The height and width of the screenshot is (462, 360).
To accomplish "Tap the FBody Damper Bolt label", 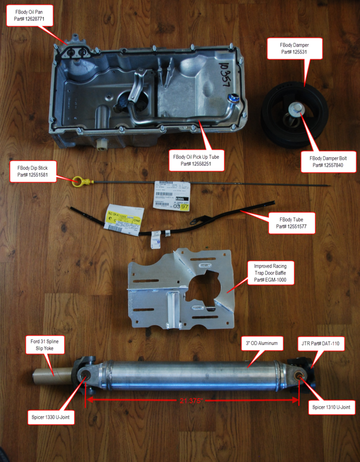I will (333, 161).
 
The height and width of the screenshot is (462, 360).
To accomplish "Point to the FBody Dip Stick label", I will (34, 171).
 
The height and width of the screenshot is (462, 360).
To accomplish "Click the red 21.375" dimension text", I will (192, 401).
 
